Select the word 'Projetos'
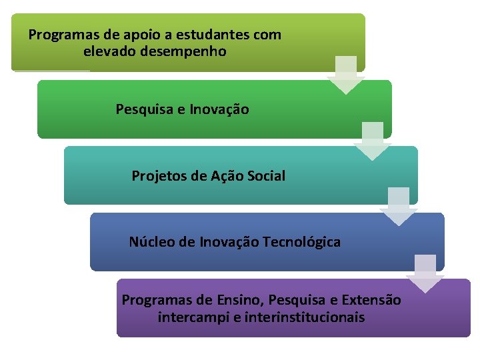(x=159, y=176)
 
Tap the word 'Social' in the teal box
(x=266, y=176)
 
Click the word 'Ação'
(x=227, y=176)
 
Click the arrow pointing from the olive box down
(x=345, y=74)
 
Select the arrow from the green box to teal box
(x=372, y=140)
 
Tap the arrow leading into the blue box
(x=398, y=206)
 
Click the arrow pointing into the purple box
(x=425, y=273)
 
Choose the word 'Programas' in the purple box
(x=153, y=300)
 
